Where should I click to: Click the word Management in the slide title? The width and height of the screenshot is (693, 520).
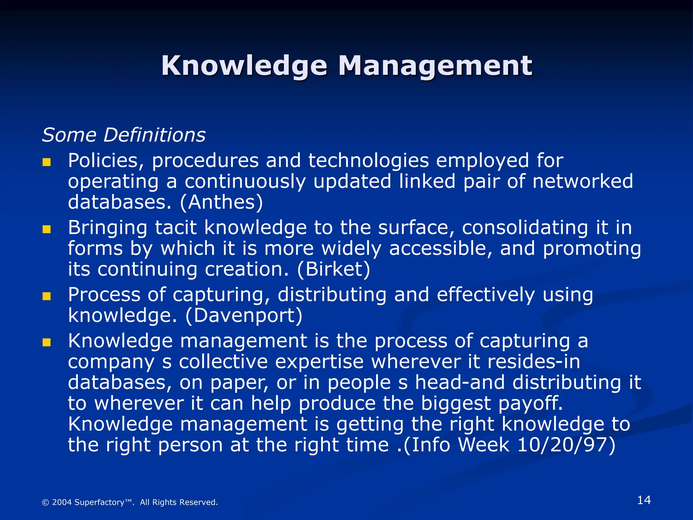pyautogui.click(x=435, y=66)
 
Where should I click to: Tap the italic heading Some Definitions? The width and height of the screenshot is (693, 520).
pyautogui.click(x=124, y=135)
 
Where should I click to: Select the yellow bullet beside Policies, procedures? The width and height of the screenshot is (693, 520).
pyautogui.click(x=46, y=162)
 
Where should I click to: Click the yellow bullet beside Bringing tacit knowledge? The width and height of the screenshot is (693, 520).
pyautogui.click(x=46, y=230)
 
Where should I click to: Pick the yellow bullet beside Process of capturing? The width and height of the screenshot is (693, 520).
pyautogui.click(x=46, y=297)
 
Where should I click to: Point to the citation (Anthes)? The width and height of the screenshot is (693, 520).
pyautogui.click(x=221, y=202)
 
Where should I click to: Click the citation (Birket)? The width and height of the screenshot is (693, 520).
pyautogui.click(x=334, y=269)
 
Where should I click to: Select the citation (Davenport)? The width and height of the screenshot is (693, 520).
pyautogui.click(x=244, y=316)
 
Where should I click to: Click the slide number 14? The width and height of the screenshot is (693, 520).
pyautogui.click(x=644, y=500)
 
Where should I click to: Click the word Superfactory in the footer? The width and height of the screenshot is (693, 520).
pyautogui.click(x=99, y=502)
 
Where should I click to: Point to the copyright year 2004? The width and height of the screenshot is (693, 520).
pyautogui.click(x=62, y=502)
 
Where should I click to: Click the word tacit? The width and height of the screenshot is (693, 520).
pyautogui.click(x=176, y=227)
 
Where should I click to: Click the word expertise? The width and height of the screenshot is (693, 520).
pyautogui.click(x=319, y=362)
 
